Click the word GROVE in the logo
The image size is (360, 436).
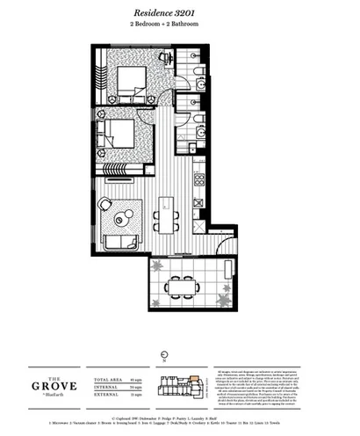click(69, 385)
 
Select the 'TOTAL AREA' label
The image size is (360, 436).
click(104, 379)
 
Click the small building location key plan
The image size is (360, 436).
click(179, 387)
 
